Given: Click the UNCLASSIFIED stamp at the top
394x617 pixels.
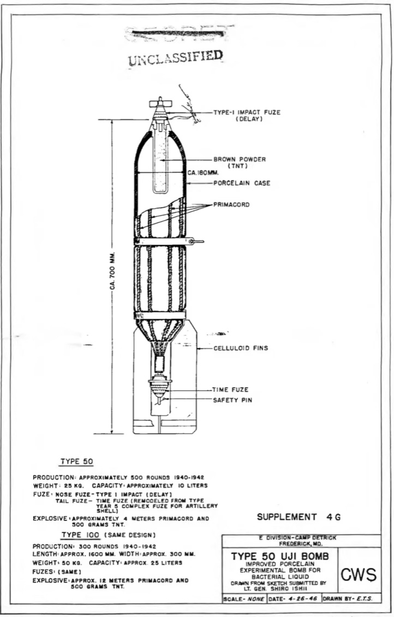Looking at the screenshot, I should (176, 57).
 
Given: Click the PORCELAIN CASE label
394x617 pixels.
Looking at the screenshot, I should (242, 183).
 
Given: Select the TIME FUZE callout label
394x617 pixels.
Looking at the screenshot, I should (231, 390).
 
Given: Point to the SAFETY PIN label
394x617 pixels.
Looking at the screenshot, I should (232, 400).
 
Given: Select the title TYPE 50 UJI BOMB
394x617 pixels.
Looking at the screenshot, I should (280, 556).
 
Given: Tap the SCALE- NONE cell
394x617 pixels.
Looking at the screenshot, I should (244, 599).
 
